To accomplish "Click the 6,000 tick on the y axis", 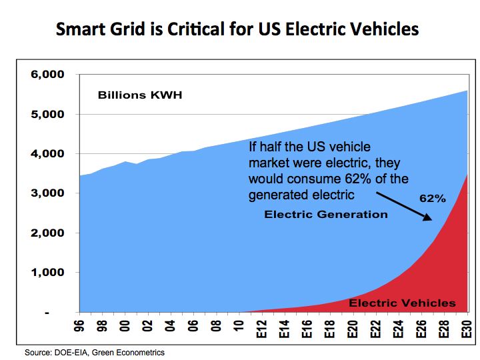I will click(48, 75).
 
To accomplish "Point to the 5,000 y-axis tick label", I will click(48, 114).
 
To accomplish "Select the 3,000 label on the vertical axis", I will click(48, 193).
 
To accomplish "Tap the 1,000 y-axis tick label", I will click(48, 273).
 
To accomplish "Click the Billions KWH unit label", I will click(139, 95).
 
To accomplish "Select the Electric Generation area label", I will click(325, 214).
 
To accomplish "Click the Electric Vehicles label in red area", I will click(402, 303).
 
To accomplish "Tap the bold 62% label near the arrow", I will click(431, 199).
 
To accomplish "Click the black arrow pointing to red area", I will click(404, 207).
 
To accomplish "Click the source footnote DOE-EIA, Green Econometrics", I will click(94, 352).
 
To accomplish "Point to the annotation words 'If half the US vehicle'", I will click(309, 146).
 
